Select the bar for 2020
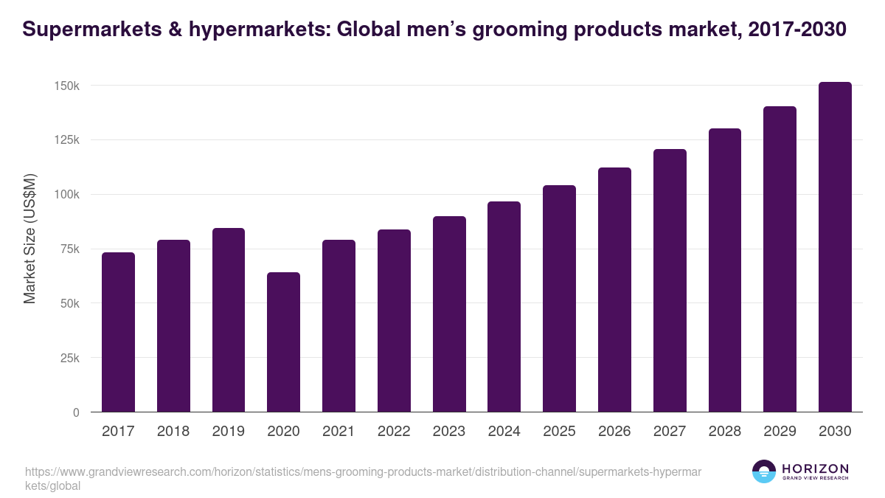(x=283, y=342)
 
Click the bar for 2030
(x=835, y=247)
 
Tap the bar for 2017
(x=118, y=332)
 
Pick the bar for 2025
(x=559, y=299)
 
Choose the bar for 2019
(x=229, y=320)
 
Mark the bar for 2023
(x=449, y=314)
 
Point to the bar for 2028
(x=725, y=270)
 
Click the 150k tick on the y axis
(x=66, y=86)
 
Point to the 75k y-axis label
(x=69, y=249)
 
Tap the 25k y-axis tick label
(x=69, y=359)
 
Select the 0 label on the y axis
(x=76, y=413)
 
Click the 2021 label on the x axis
(x=339, y=432)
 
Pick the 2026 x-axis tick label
(x=614, y=432)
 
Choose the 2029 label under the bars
(x=780, y=432)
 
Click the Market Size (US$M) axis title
(x=29, y=239)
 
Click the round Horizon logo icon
(x=764, y=471)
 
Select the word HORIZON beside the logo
(x=815, y=468)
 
